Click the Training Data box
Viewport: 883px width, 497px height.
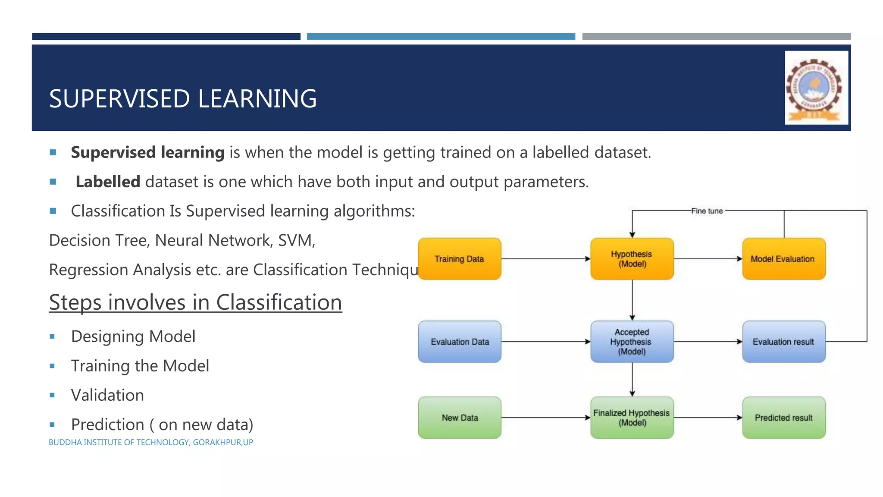460,259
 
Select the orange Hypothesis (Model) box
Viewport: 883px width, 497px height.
632,259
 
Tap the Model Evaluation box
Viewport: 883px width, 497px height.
784,259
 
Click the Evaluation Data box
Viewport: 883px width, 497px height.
460,342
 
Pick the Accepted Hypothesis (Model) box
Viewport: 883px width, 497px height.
632,342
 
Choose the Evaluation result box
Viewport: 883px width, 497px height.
784,342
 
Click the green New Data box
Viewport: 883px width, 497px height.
460,418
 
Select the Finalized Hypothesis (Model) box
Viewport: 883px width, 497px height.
632,418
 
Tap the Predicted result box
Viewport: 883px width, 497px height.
784,418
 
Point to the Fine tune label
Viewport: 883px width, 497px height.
707,211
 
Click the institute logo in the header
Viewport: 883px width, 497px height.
816,88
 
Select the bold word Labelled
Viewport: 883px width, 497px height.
108,182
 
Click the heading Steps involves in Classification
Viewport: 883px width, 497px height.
195,302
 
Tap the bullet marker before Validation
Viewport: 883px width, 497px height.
52,395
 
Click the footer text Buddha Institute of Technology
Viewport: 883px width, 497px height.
151,443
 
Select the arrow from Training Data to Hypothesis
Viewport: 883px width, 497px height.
545,259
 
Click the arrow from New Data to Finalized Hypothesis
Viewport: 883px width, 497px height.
545,418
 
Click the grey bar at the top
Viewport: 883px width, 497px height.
716,37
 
